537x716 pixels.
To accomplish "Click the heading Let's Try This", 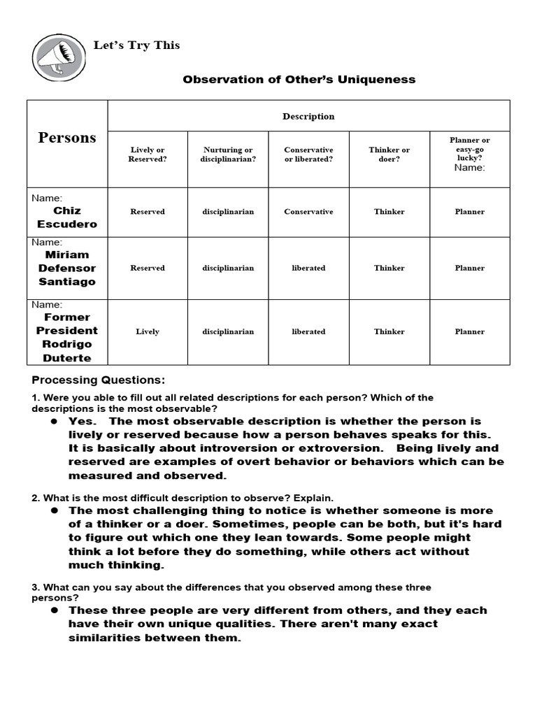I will tap(137, 45).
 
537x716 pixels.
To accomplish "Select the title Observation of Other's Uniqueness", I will tap(299, 80).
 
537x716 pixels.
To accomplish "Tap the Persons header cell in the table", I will tap(67, 137).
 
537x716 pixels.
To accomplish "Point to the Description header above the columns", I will tap(308, 116).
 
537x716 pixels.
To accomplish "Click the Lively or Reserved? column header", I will tap(148, 155).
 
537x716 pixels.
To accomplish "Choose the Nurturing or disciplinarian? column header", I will tap(228, 155).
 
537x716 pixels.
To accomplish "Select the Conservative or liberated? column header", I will tap(308, 155).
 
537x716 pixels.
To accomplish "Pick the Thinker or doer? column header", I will tap(389, 155).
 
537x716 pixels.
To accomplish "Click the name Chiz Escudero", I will tap(67, 217).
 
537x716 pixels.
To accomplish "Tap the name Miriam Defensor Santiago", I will tap(67, 268).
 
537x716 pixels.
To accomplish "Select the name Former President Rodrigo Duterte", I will tap(67, 338).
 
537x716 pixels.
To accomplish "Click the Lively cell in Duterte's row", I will tap(148, 331).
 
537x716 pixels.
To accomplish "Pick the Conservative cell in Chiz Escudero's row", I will tap(308, 212).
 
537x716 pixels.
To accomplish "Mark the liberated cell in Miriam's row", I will tap(308, 268).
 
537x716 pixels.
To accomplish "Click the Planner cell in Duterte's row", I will tap(470, 331).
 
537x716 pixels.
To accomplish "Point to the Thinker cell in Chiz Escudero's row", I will tap(389, 212).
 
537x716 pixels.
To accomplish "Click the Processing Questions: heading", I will tap(99, 380).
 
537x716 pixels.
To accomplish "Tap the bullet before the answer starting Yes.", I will tap(53, 422).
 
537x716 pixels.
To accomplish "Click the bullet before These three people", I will tap(53, 610).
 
